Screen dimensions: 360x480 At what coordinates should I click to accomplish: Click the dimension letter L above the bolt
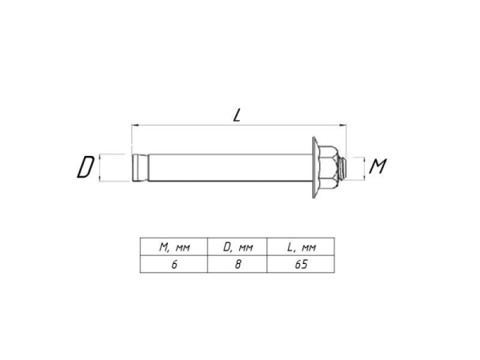click(238, 115)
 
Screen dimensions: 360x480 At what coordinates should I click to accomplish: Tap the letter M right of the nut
click(379, 166)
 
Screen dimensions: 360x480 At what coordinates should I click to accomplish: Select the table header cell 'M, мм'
click(174, 248)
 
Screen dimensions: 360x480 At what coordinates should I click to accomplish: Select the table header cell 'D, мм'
click(238, 248)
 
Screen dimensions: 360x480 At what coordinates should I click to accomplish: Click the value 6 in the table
click(174, 264)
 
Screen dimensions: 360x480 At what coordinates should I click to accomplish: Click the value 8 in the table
click(238, 264)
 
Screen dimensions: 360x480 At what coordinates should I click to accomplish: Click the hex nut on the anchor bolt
click(329, 167)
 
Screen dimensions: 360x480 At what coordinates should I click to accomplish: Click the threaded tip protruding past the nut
click(343, 167)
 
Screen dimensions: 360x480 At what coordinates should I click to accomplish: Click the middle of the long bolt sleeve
click(228, 168)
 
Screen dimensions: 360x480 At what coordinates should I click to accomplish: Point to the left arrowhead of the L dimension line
click(134, 126)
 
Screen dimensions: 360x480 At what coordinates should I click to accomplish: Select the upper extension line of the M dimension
click(358, 158)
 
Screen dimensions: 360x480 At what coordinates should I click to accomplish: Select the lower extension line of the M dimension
click(358, 177)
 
